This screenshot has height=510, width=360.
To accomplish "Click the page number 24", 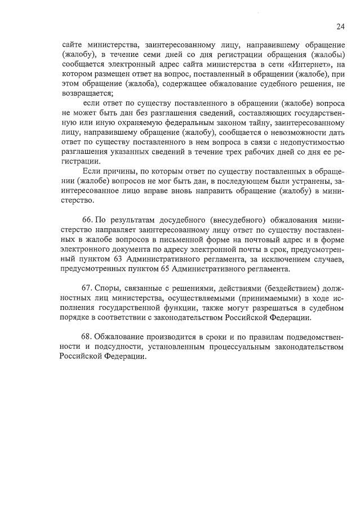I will click(340, 26).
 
